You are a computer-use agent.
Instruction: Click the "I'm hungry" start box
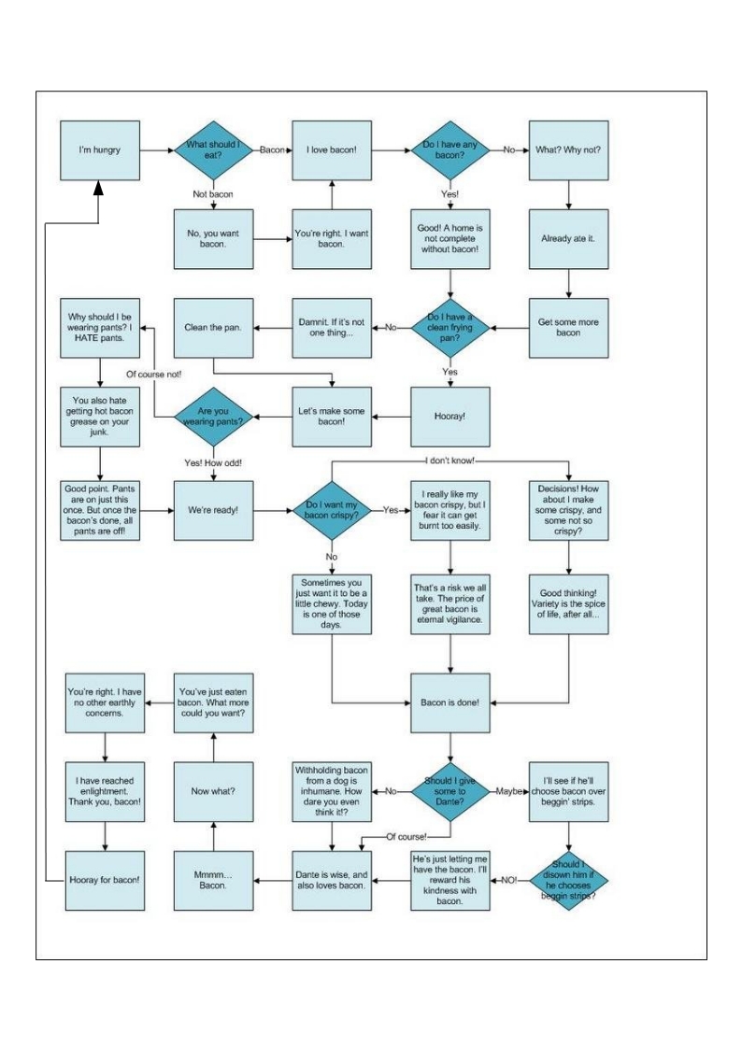coord(100,150)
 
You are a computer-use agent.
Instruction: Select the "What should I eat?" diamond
coord(213,150)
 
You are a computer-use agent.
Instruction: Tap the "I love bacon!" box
coord(332,150)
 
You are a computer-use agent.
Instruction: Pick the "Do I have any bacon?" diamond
coord(449,150)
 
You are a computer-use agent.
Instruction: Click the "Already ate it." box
coord(569,239)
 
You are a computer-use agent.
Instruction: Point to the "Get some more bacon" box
coord(569,328)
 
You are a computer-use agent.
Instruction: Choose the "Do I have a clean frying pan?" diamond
coord(449,328)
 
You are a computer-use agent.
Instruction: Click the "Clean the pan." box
coord(213,328)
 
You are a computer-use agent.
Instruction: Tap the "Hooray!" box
coord(450,416)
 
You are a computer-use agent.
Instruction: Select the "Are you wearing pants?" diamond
coord(213,416)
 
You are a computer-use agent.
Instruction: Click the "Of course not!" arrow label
coord(154,374)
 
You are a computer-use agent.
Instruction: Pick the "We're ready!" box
coord(213,510)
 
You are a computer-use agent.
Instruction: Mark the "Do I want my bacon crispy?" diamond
coord(331,510)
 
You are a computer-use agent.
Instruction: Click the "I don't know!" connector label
coord(450,461)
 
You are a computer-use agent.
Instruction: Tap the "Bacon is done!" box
coord(450,702)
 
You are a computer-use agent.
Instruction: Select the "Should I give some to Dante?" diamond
coord(449,791)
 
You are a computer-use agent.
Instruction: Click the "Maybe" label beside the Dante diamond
coord(508,791)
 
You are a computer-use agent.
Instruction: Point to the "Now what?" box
coord(213,791)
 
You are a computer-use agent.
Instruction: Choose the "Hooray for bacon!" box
coord(105,881)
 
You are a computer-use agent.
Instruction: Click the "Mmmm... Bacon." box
coord(213,881)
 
